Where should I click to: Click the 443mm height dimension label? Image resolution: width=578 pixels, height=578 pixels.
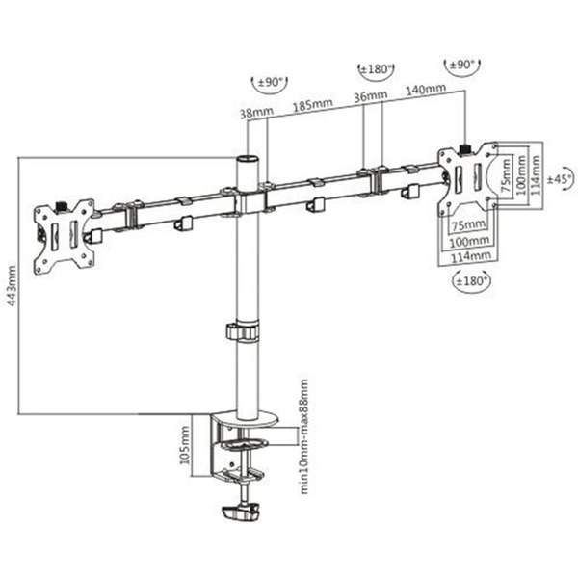point(12,286)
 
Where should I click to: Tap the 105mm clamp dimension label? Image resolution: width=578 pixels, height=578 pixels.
point(185,445)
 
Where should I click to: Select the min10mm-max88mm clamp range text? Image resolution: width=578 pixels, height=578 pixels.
point(303,436)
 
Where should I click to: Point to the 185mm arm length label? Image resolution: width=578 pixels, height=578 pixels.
point(312,105)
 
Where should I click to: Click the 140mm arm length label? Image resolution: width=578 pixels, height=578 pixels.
point(426,90)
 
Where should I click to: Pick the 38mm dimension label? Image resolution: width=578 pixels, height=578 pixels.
point(256,112)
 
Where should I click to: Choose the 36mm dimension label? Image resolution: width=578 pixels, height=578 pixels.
point(371,95)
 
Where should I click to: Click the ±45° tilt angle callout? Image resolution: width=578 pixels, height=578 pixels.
point(561,179)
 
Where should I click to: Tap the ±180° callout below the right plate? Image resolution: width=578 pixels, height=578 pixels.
point(471,281)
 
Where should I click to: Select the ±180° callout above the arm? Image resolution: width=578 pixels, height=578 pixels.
point(376,69)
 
